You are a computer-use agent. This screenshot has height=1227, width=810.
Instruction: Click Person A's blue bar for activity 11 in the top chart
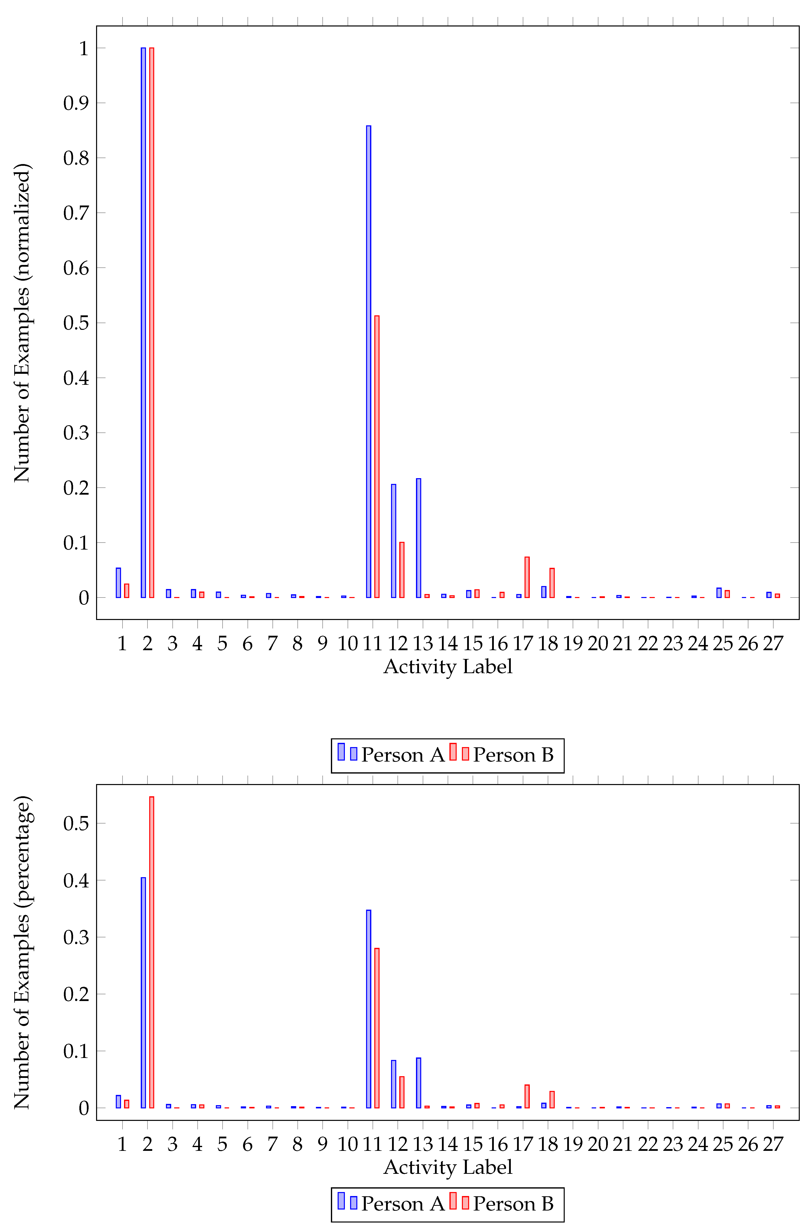(368, 362)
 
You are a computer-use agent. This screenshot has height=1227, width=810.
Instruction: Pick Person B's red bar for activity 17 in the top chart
(527, 577)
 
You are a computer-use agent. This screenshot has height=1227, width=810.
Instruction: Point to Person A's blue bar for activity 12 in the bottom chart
(394, 1084)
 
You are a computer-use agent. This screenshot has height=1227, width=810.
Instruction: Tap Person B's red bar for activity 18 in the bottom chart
(552, 1100)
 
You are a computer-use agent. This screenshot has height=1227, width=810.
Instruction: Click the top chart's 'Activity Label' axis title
(448, 667)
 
